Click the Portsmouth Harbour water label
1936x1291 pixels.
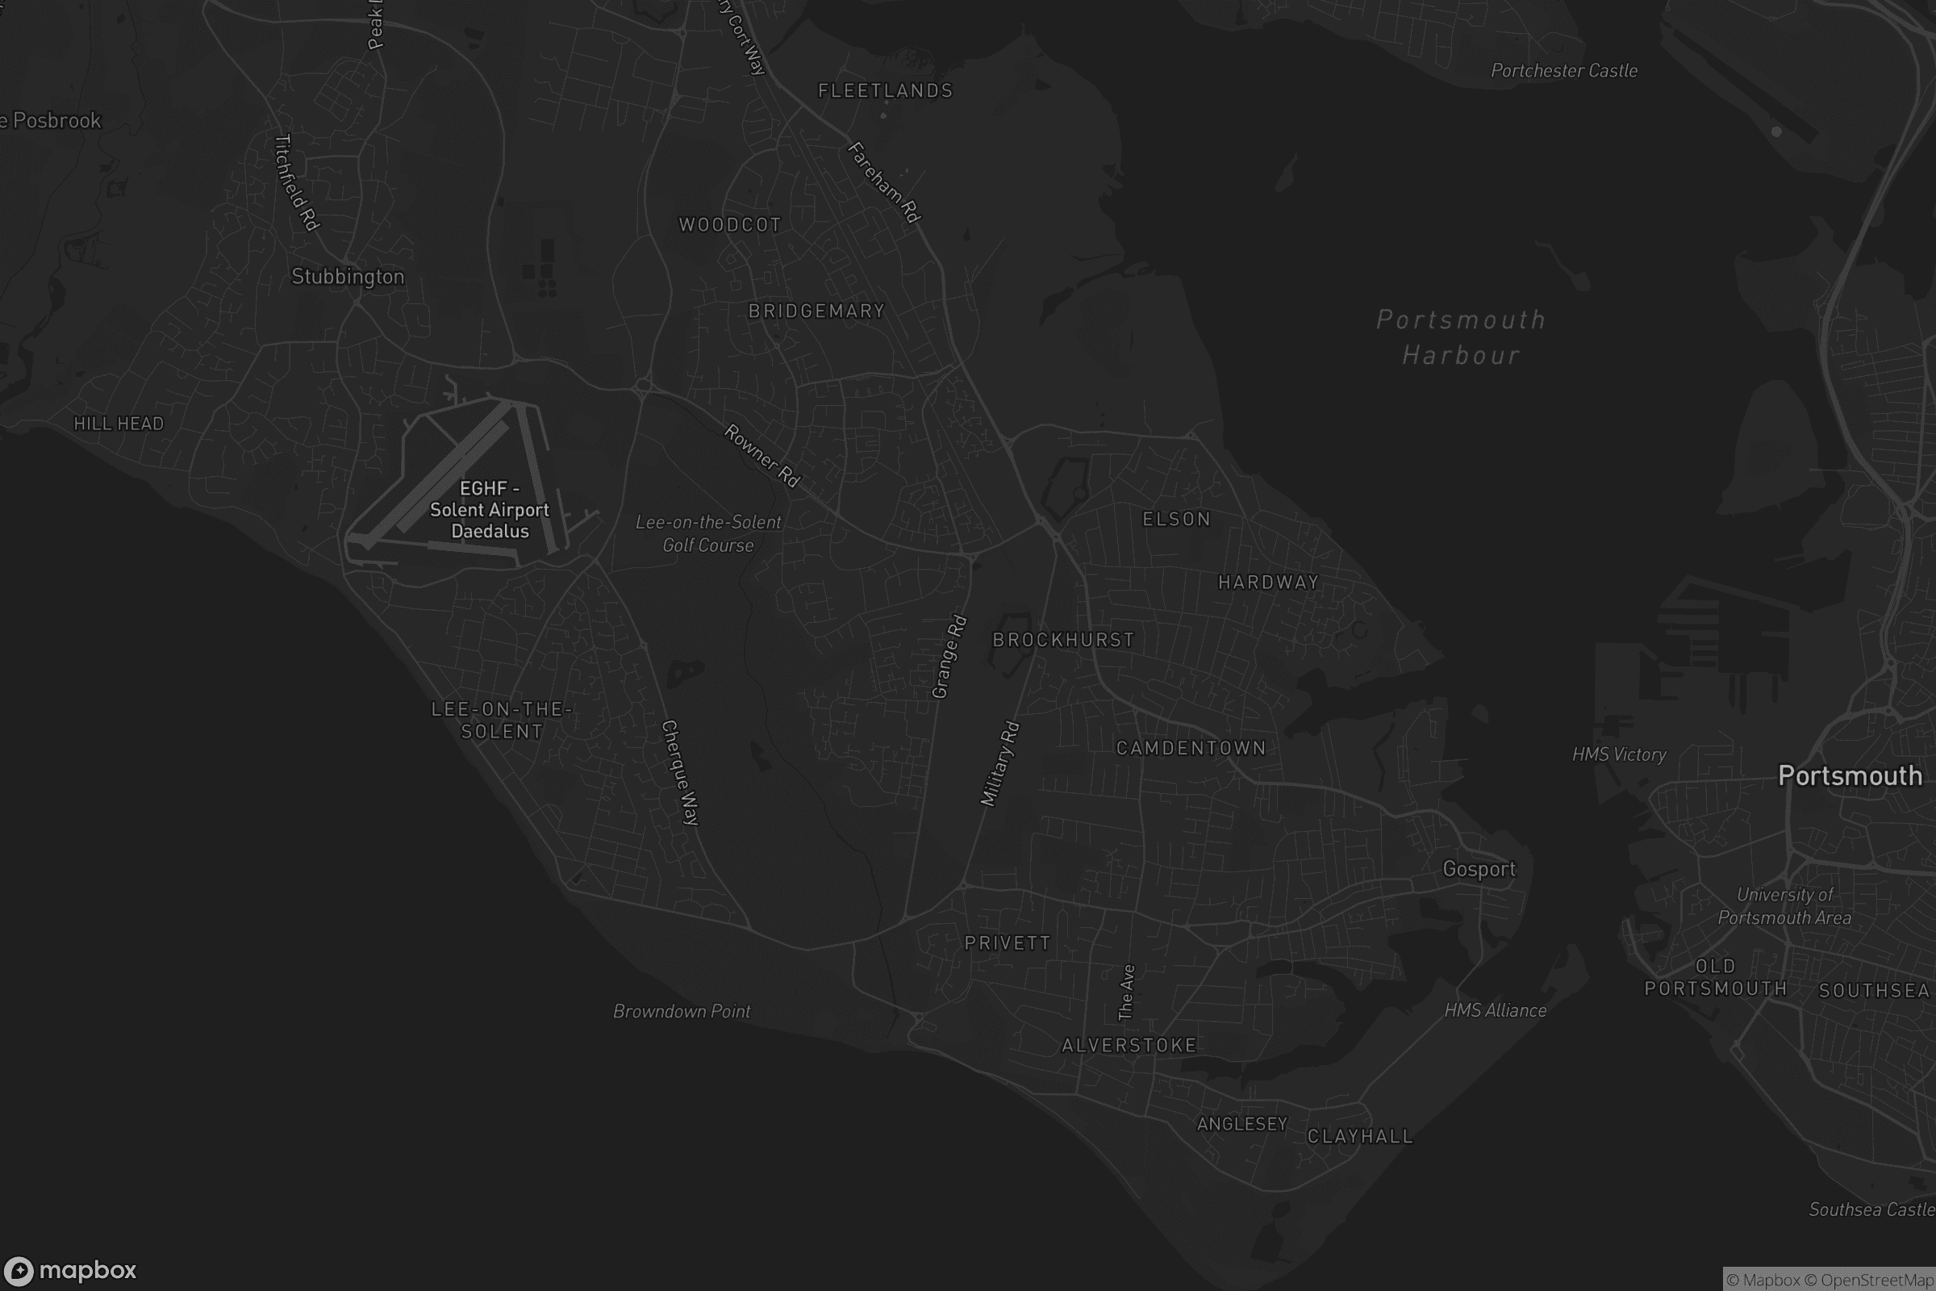(1461, 336)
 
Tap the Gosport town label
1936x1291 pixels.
(1479, 870)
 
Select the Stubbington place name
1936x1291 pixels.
(348, 277)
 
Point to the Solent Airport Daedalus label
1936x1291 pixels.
(490, 511)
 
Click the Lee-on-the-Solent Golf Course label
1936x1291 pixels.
(708, 533)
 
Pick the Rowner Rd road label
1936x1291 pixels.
(762, 455)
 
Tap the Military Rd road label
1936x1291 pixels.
(1000, 764)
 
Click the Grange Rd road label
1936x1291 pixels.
(949, 657)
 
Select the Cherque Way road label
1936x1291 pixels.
(680, 772)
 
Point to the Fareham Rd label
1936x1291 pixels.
(884, 182)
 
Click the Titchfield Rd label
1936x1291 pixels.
(295, 183)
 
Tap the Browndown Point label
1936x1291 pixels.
(682, 1011)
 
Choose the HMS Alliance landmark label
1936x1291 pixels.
(1495, 1010)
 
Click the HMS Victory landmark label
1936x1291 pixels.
(1618, 754)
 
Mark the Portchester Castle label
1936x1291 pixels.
(1564, 71)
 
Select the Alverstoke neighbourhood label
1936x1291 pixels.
(1129, 1046)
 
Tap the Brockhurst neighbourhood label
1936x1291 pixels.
(1063, 640)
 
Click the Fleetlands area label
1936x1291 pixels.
(885, 90)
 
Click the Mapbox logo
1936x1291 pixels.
(69, 1270)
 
